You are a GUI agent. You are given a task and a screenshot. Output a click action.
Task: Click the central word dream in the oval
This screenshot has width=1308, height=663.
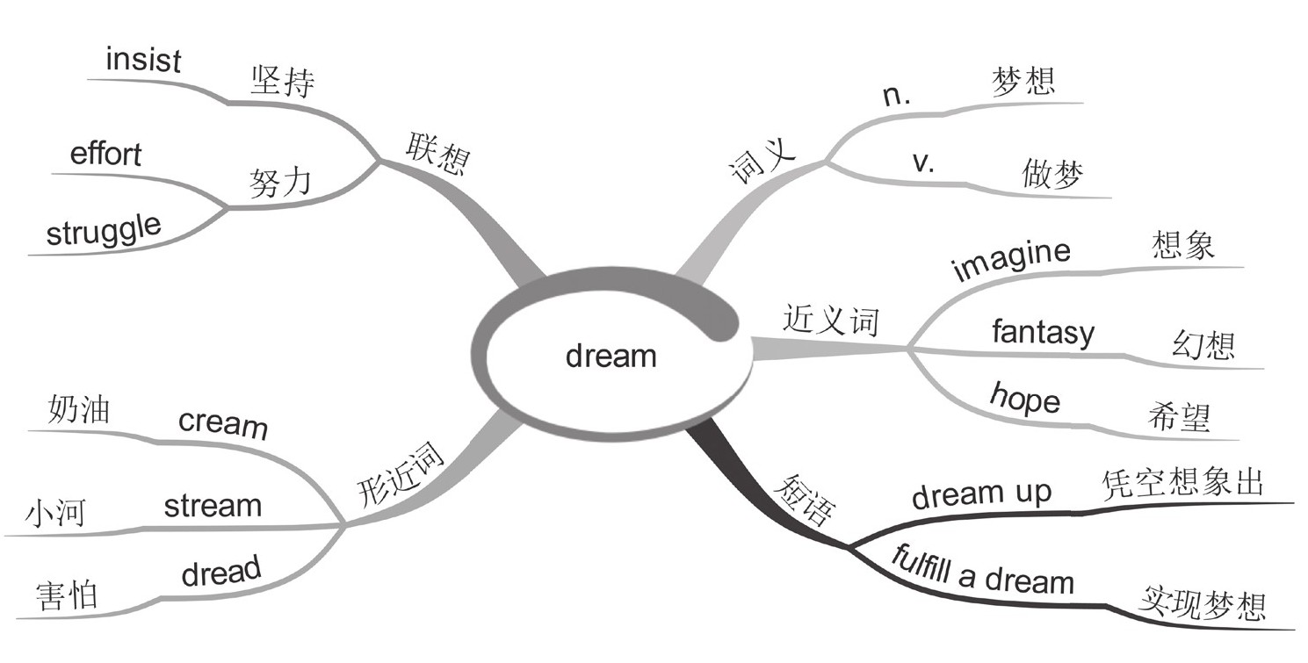click(611, 357)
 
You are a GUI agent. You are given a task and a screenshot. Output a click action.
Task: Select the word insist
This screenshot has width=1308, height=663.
click(142, 61)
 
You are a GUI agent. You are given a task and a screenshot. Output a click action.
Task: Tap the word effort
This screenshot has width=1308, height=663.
click(105, 155)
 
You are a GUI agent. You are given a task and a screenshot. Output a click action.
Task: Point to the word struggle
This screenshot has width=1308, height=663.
click(104, 231)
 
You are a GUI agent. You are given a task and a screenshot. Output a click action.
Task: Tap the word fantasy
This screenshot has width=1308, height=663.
click(1043, 333)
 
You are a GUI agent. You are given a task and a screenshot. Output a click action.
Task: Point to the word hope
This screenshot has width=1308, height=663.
click(1024, 399)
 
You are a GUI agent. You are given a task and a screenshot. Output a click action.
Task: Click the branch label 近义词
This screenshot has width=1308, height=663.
click(830, 322)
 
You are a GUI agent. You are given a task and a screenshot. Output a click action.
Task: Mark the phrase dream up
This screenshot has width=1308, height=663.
click(980, 494)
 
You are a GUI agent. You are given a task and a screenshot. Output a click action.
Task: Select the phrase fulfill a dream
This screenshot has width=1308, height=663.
click(982, 572)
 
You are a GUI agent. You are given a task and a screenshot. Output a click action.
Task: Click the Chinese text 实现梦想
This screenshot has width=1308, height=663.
click(1202, 605)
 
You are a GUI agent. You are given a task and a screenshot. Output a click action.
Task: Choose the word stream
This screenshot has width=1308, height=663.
click(213, 506)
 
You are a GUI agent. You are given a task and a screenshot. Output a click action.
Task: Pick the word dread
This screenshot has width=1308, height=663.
click(221, 573)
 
